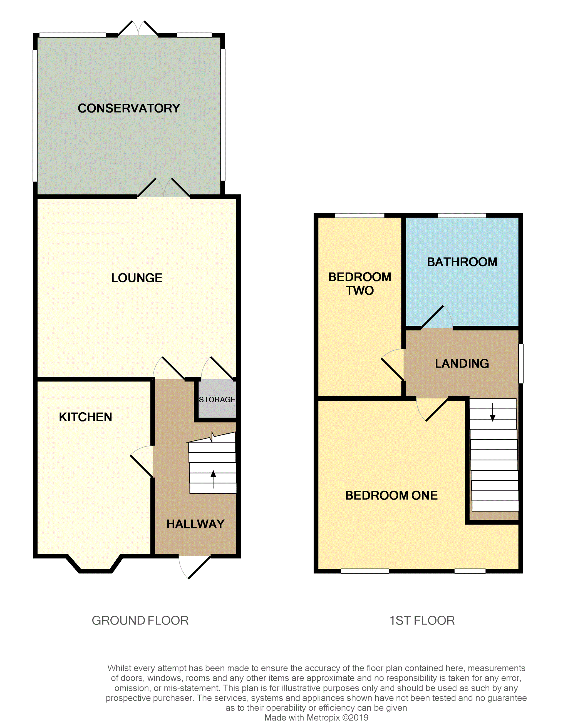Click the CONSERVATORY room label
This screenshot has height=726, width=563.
click(x=129, y=108)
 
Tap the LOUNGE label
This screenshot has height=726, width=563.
click(x=137, y=278)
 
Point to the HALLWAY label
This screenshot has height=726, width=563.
click(x=195, y=524)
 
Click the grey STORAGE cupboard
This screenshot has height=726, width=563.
click(x=217, y=400)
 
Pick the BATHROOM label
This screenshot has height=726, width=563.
click(x=462, y=262)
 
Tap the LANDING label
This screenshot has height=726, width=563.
click(x=462, y=363)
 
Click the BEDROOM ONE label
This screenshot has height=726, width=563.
click(x=391, y=495)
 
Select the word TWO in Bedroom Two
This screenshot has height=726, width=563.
click(x=360, y=291)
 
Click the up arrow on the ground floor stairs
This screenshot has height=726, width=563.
click(x=213, y=475)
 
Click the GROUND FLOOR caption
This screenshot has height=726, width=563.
click(x=140, y=621)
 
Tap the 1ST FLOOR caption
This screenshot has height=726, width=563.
click(x=422, y=621)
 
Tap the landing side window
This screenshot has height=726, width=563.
click(x=521, y=364)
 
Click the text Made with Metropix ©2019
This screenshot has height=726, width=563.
click(x=316, y=718)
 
